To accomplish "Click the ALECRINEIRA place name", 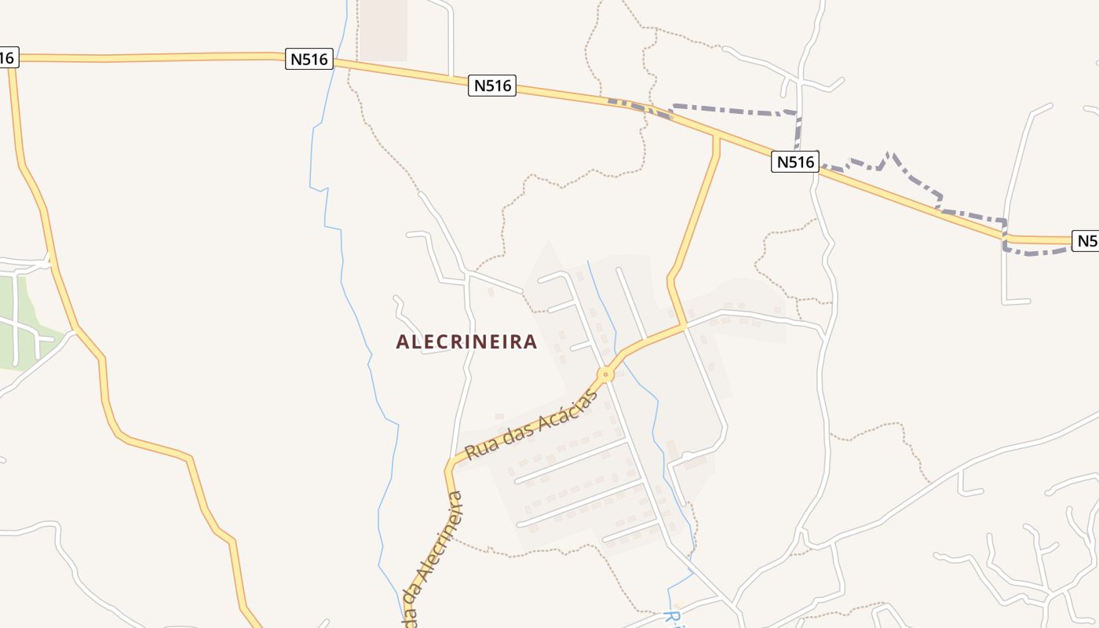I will [466, 341].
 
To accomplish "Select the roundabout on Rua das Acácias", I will [606, 374].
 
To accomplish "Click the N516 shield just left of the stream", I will [309, 59].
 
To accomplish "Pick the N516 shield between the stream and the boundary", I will [492, 86].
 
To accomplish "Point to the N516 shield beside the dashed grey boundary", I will [795, 162].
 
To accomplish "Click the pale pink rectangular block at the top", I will [383, 30].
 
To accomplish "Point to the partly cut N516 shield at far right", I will [1086, 241].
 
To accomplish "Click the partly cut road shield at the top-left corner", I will [7, 58].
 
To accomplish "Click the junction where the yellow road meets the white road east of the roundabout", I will [684, 325].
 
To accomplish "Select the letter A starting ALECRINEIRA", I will [402, 342].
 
